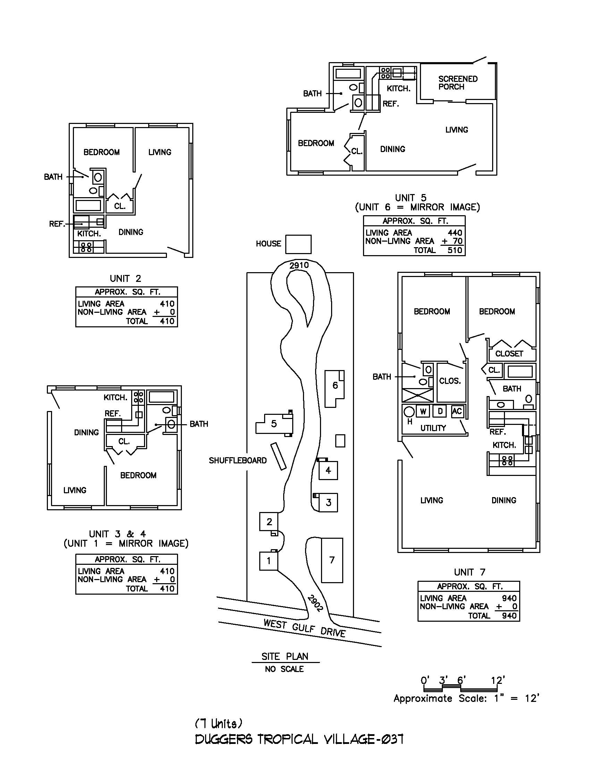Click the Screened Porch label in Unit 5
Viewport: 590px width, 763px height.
[x=458, y=83]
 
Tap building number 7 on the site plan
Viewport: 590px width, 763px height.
[x=332, y=560]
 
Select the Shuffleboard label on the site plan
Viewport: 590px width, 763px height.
[x=237, y=460]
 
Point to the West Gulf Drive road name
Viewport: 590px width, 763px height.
[x=304, y=628]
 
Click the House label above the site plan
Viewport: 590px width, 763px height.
[x=268, y=243]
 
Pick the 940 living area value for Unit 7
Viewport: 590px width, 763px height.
[x=509, y=598]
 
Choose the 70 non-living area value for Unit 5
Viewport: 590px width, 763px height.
[x=458, y=241]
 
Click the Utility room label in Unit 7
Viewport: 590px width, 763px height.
[x=433, y=428]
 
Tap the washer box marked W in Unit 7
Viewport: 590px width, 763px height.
[x=423, y=411]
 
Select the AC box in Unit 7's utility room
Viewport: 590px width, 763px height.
[x=457, y=411]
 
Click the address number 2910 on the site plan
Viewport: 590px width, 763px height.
[x=299, y=265]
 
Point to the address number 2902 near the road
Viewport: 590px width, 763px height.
[x=315, y=603]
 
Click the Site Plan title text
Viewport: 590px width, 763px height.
[x=285, y=656]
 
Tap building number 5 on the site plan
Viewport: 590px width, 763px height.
[x=274, y=424]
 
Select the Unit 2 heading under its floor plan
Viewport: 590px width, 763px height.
[x=125, y=278]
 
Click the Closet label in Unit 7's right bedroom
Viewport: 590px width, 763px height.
[x=509, y=353]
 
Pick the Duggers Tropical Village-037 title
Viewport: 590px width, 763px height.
[x=299, y=739]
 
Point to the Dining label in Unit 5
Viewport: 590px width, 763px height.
[x=393, y=149]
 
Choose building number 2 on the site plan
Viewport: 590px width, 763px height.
[x=269, y=522]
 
